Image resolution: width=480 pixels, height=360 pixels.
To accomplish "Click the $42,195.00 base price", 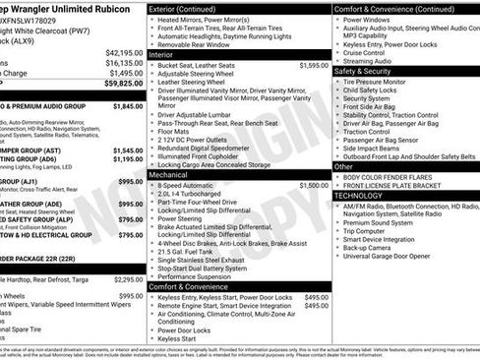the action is point(124,52).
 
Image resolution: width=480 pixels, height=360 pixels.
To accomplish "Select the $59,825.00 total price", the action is point(124,84).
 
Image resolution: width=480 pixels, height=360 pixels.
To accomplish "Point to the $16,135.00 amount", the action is point(124,62).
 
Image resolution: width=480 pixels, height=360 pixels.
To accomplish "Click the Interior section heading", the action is point(168,82).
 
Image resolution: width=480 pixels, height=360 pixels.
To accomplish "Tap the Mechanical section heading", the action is point(173,174).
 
